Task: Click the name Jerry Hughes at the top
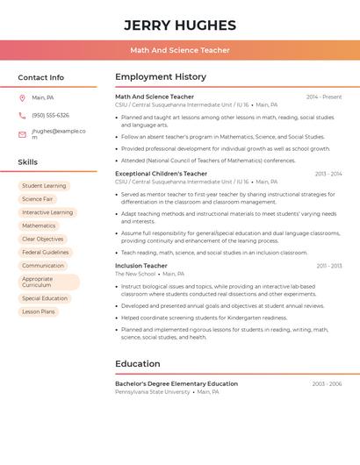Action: click(x=180, y=25)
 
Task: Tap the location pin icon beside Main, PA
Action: click(x=22, y=98)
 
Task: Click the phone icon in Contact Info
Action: click(x=22, y=116)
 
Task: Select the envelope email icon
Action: click(x=22, y=134)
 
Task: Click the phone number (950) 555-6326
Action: click(x=50, y=116)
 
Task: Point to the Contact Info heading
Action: click(x=41, y=77)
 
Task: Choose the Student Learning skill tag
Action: click(x=44, y=186)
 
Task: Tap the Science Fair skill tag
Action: click(x=38, y=199)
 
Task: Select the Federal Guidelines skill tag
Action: click(x=45, y=252)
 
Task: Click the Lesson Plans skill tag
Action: click(x=39, y=311)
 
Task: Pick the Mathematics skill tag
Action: click(x=39, y=225)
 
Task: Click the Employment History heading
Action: click(x=161, y=77)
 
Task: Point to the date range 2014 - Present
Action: click(x=324, y=97)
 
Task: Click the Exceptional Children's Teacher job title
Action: click(x=162, y=174)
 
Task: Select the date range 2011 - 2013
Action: click(x=329, y=266)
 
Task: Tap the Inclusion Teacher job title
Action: click(x=141, y=266)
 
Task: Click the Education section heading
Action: click(x=138, y=364)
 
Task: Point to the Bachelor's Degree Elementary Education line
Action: click(x=176, y=384)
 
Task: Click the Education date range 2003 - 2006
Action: click(x=327, y=384)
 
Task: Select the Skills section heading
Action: click(x=28, y=162)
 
